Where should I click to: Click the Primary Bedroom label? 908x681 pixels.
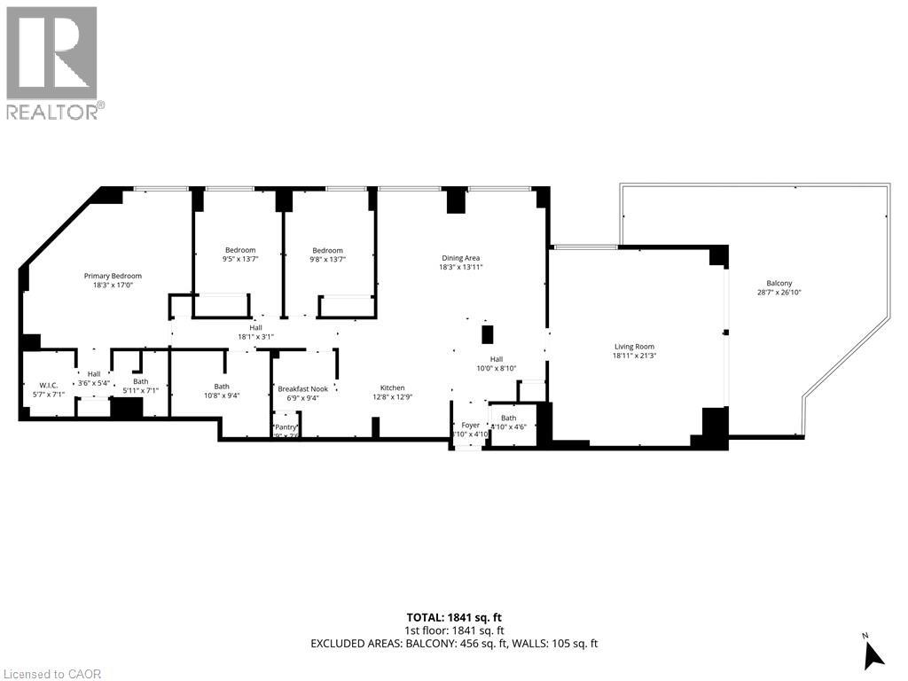(x=113, y=276)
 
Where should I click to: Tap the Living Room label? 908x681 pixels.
(x=635, y=347)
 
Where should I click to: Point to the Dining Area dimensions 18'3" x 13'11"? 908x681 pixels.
(x=461, y=267)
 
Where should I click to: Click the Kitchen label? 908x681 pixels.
(x=393, y=387)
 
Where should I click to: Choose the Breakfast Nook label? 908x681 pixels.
(x=302, y=388)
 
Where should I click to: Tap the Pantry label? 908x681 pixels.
(x=286, y=427)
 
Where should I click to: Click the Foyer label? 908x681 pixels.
(x=470, y=426)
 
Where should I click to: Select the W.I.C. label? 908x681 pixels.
(x=48, y=386)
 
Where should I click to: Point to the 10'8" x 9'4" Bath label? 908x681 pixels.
(x=222, y=396)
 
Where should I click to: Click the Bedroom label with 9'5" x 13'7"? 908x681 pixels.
(x=239, y=250)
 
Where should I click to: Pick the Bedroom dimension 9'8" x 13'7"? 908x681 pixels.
(x=327, y=260)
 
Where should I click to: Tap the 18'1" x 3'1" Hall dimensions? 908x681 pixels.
(x=256, y=337)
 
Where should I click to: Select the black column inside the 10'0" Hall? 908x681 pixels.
(x=487, y=334)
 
